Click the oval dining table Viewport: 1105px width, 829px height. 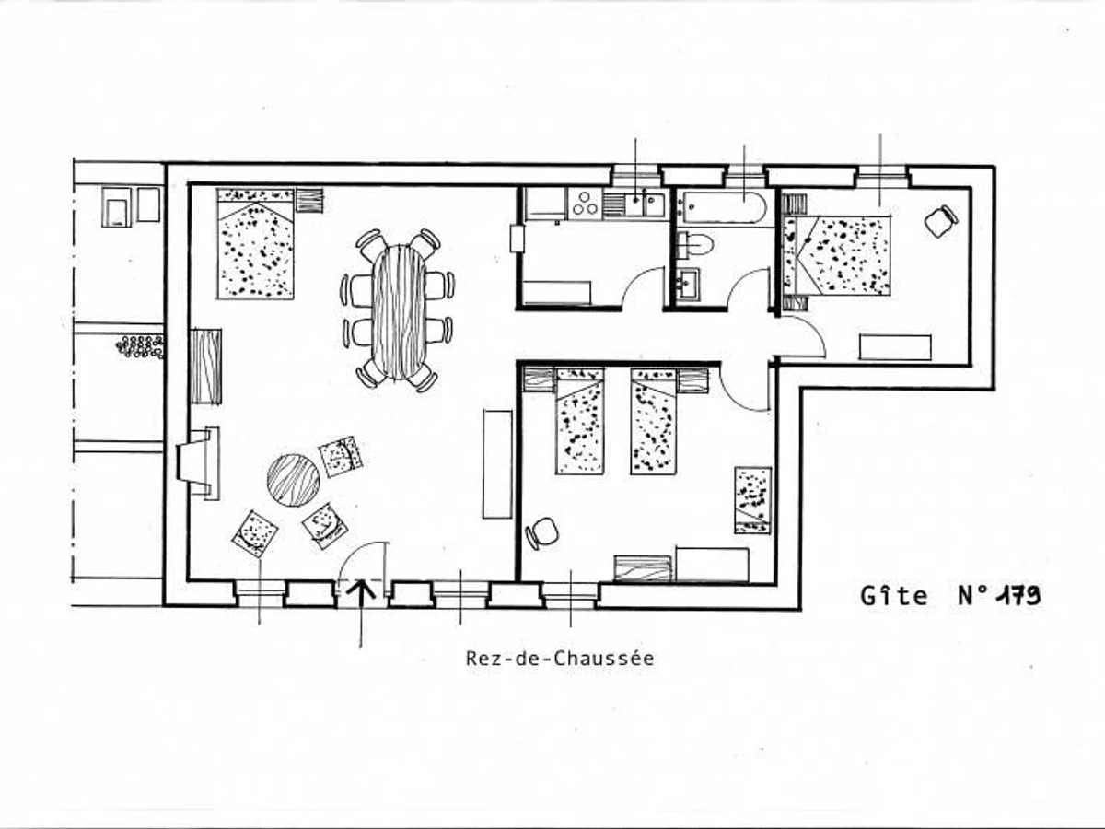click(x=399, y=311)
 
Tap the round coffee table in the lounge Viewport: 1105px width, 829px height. click(x=293, y=480)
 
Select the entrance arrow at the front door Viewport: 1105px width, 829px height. click(x=360, y=592)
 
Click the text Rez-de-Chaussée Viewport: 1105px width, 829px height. click(x=560, y=659)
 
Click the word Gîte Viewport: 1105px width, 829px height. click(x=894, y=596)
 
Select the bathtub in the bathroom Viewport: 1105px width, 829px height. click(x=722, y=207)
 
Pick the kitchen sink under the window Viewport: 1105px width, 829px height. click(x=642, y=204)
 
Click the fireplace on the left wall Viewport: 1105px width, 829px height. click(x=199, y=462)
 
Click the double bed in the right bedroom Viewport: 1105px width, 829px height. click(x=843, y=255)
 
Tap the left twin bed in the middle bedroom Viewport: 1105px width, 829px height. click(x=580, y=422)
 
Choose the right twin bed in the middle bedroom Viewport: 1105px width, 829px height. click(x=653, y=422)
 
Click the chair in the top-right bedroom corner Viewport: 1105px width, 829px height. click(x=941, y=220)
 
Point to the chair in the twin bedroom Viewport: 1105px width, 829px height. click(x=542, y=532)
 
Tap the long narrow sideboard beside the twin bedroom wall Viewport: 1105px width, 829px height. click(x=497, y=463)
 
